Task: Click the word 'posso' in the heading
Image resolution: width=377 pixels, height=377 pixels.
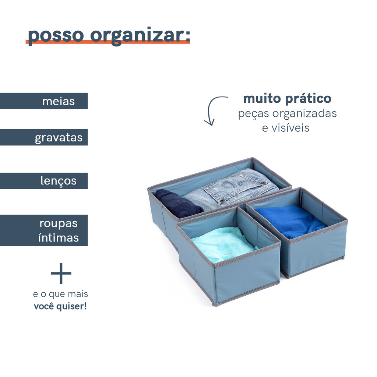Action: pos(56,36)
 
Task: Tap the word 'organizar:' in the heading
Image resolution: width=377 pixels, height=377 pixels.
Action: pos(140,36)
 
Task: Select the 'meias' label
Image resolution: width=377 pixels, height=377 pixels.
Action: pos(59,101)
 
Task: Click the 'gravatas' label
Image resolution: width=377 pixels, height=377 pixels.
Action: pos(59,138)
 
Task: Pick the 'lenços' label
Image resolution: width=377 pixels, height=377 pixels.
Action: pos(59,181)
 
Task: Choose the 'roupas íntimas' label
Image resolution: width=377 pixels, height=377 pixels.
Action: pos(59,230)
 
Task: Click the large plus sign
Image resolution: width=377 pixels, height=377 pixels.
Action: pos(61,274)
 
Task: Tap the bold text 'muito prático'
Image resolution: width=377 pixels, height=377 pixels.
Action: pos(287,99)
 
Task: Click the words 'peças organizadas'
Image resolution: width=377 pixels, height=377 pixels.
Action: pos(287,114)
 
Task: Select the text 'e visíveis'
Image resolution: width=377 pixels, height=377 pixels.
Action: pos(286,128)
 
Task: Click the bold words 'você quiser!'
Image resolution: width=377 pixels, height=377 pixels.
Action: pos(60,307)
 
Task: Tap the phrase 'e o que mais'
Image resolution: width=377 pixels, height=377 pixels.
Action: pos(61,294)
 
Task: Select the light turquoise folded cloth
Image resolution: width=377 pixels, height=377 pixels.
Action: pos(223,244)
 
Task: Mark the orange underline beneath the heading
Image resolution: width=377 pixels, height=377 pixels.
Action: pos(108,42)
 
